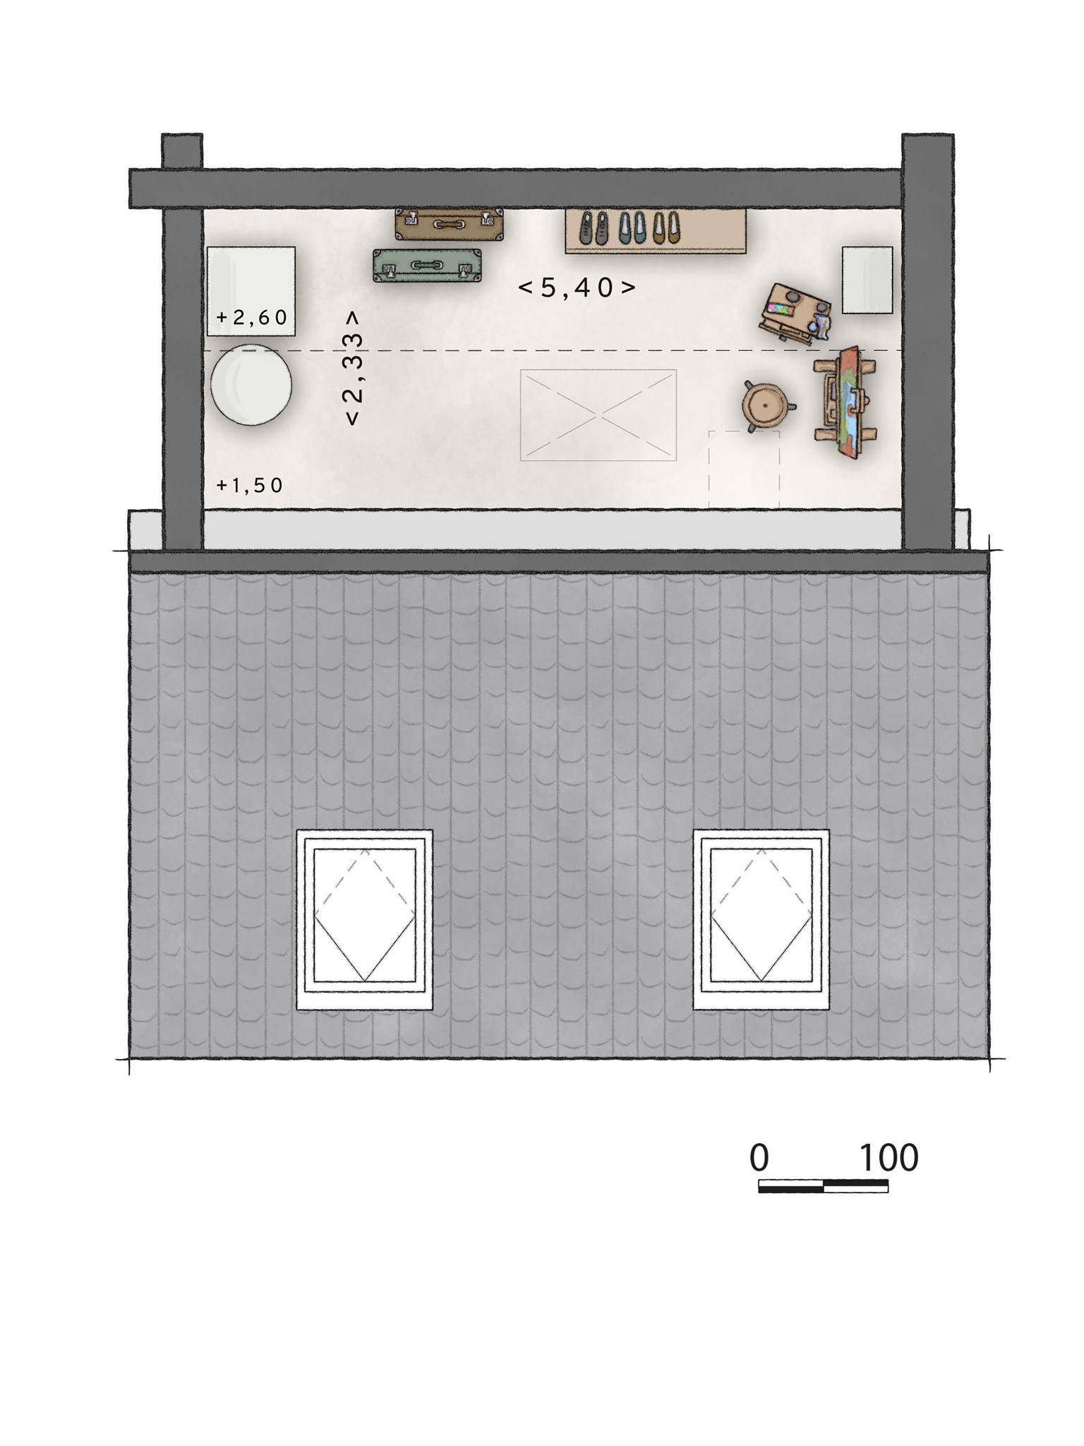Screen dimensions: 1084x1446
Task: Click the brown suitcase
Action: (x=449, y=224)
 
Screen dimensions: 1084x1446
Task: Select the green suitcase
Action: (x=428, y=265)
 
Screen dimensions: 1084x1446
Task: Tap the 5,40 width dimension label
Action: (x=577, y=287)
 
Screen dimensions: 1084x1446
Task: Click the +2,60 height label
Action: (x=252, y=318)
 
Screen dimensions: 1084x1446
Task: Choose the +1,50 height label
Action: (x=249, y=485)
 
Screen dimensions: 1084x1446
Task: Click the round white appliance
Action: (x=251, y=385)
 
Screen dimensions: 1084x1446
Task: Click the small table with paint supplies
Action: (x=795, y=312)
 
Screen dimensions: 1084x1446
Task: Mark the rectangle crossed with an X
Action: (x=598, y=415)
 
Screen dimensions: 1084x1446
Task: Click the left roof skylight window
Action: (x=365, y=919)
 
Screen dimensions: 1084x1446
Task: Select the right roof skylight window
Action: (x=761, y=919)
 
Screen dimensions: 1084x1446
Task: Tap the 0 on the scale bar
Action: (x=759, y=1158)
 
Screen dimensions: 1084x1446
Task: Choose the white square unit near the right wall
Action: (x=867, y=280)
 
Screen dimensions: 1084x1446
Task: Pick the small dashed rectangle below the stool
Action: (x=744, y=469)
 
